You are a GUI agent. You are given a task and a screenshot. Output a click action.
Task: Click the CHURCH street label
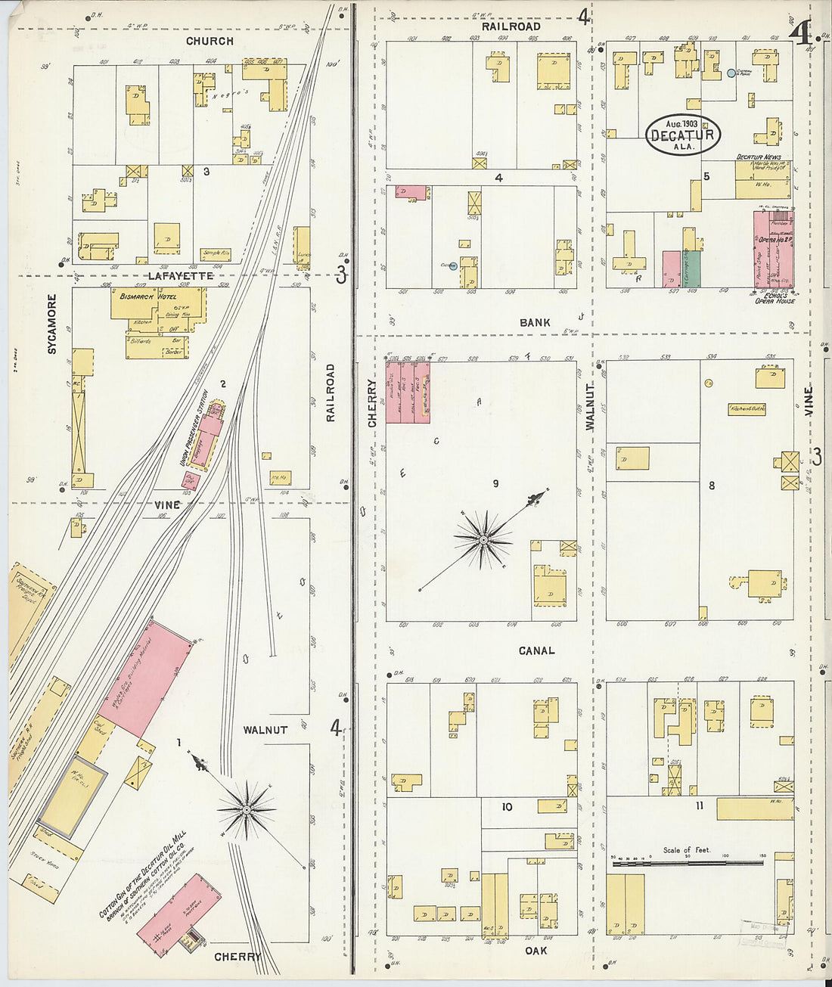click(210, 41)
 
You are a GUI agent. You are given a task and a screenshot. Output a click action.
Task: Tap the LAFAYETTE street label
click(181, 276)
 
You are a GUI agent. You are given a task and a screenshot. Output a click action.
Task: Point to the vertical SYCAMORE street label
click(52, 324)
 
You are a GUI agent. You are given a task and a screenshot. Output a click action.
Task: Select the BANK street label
click(535, 322)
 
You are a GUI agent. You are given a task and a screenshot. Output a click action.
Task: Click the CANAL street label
click(536, 650)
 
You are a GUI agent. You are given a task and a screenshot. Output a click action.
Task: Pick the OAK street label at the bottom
click(536, 951)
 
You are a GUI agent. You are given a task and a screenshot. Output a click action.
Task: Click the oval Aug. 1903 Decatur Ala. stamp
click(683, 135)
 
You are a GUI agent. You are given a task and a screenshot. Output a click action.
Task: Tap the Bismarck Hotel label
click(147, 296)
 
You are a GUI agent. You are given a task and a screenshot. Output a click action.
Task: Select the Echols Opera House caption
click(775, 297)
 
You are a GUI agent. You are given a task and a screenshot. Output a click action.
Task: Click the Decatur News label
click(759, 157)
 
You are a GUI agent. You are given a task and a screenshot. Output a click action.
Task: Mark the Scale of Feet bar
click(687, 861)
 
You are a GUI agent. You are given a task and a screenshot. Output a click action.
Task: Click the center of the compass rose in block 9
click(483, 539)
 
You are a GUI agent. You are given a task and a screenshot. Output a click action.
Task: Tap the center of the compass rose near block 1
click(247, 810)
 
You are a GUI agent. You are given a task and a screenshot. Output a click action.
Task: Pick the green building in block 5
click(692, 268)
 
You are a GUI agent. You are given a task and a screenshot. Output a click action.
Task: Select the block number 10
click(507, 807)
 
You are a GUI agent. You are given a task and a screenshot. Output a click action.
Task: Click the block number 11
click(700, 806)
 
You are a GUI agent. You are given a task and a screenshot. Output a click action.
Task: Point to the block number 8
click(711, 486)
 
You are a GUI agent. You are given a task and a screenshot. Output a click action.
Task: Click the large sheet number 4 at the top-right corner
click(799, 33)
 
